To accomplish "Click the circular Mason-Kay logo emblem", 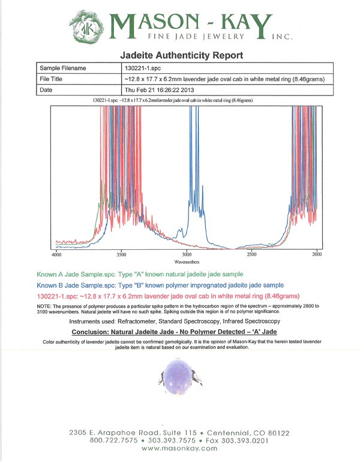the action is tap(87, 27).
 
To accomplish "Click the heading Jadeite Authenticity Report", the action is tap(181, 55).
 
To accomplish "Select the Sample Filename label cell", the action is tap(79, 68).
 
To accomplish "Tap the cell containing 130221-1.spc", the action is tap(227, 68).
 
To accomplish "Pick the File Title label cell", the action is tap(79, 79).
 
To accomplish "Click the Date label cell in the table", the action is tap(79, 89).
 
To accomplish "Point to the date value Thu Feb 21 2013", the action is tap(159, 89).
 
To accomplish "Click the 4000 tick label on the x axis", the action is tap(56, 255).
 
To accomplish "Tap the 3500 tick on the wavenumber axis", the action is tap(121, 255).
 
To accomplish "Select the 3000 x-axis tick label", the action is tap(187, 255).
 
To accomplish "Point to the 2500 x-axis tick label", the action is tap(251, 255).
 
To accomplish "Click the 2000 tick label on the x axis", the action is tap(317, 255).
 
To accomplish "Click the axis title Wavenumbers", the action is tap(187, 262).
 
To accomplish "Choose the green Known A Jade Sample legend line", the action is tap(140, 274).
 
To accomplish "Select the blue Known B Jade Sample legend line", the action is tap(160, 285).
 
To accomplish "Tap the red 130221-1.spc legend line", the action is tap(168, 296).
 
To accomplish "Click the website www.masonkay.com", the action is tap(179, 448).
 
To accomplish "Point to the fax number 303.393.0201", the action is tap(245, 441).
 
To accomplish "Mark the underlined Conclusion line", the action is tap(175, 331).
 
